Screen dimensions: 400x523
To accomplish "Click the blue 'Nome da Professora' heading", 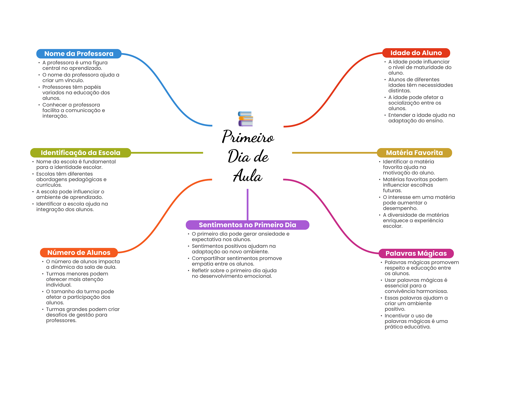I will click(x=79, y=54).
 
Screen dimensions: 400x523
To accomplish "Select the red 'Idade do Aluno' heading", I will click(x=416, y=53).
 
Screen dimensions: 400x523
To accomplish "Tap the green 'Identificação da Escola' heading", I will click(x=80, y=153).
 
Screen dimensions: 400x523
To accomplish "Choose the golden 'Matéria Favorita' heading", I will click(x=414, y=153).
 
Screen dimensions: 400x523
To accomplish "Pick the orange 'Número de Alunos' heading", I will click(x=79, y=253).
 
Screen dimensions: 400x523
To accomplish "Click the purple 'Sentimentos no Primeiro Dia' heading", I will click(x=247, y=225).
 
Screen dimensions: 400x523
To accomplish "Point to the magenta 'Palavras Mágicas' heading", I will click(x=416, y=253).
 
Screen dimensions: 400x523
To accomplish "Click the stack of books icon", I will click(x=245, y=119).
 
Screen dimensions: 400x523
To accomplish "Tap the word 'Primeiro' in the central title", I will click(x=248, y=137).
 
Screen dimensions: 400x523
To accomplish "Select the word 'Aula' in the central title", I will click(x=248, y=176).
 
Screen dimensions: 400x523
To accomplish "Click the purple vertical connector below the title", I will click(x=247, y=204).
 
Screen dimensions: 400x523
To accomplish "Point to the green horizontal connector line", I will click(x=166, y=153).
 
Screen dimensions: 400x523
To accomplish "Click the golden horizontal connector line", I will click(x=335, y=153).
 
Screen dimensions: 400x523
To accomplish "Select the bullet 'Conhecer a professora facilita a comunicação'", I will click(x=74, y=110).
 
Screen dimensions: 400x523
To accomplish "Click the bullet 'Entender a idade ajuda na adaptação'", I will click(x=421, y=118).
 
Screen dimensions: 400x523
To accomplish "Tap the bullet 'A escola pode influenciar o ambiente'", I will click(x=70, y=194).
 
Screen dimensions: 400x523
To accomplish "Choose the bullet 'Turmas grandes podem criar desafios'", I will click(x=82, y=315).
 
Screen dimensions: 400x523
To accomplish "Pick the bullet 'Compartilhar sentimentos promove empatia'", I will click(x=236, y=261).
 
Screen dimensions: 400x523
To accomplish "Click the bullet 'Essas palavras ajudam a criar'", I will click(x=416, y=303).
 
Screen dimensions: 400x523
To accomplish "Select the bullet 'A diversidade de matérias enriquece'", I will click(x=416, y=221).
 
